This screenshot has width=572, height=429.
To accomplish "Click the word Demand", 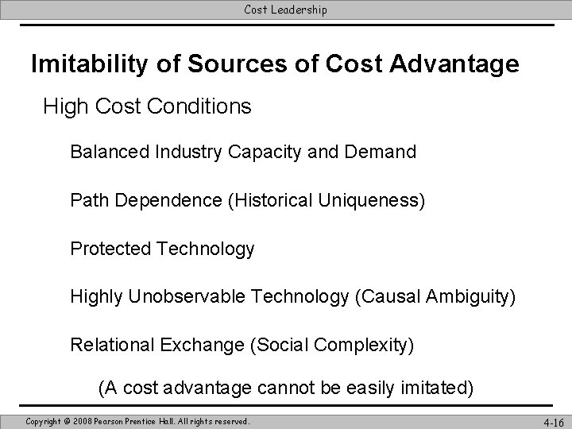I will coord(385,152).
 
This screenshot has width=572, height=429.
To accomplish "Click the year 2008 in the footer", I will coord(83,420).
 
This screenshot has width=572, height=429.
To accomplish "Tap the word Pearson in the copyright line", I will coord(119,420).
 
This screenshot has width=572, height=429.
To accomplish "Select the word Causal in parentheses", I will coord(388,297).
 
